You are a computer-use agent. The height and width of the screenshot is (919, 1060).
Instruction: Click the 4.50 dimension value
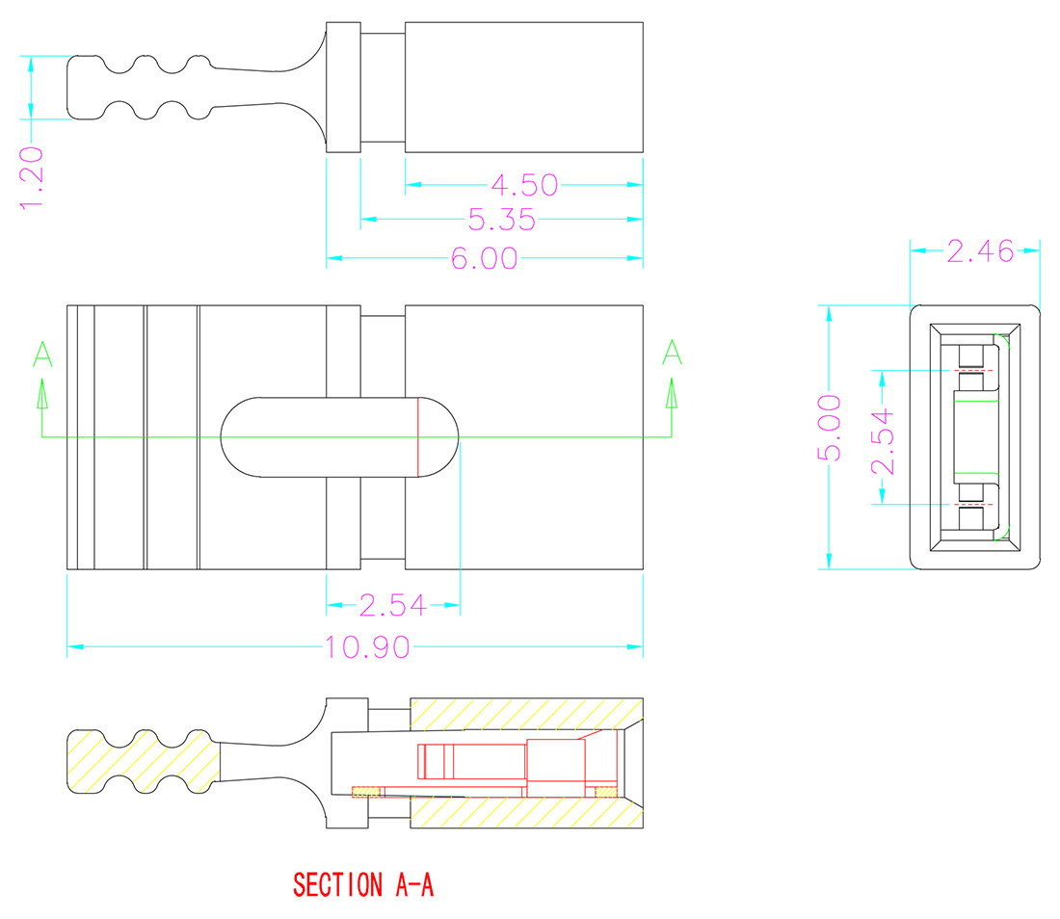(x=524, y=185)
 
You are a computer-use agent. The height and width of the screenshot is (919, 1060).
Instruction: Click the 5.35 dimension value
(x=501, y=221)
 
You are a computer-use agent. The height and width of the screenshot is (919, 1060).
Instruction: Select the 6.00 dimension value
(x=485, y=258)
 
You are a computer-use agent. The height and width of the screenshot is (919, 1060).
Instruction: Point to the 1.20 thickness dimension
(x=32, y=177)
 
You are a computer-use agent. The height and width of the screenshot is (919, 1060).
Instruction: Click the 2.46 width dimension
(x=979, y=251)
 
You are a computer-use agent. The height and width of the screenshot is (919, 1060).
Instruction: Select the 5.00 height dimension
(x=831, y=428)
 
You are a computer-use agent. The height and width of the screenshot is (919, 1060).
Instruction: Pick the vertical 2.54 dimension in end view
(x=883, y=442)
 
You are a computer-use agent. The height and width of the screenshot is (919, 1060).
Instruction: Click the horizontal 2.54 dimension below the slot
(x=392, y=605)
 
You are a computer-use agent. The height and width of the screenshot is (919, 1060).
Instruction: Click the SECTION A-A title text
(x=363, y=884)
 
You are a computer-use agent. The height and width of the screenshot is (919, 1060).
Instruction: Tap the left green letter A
(x=42, y=354)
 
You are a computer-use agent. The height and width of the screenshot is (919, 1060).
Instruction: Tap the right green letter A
(x=672, y=354)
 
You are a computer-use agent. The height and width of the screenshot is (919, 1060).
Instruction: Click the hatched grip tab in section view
(x=142, y=761)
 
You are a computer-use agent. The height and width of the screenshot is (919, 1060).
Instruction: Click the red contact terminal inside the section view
(x=501, y=761)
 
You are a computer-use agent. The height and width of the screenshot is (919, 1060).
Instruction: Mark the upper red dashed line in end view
(x=973, y=371)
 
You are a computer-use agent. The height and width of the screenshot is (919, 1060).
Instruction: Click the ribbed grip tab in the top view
(x=140, y=88)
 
